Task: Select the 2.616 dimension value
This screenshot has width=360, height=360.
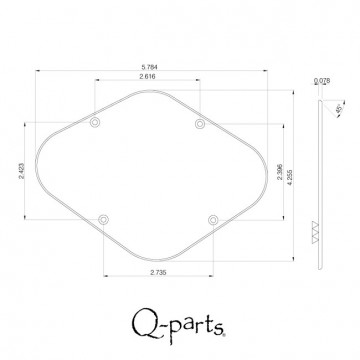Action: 147,76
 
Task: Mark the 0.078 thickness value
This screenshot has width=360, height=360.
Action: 321,81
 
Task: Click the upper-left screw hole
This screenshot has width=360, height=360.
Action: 95,123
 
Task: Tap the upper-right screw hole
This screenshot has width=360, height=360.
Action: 200,123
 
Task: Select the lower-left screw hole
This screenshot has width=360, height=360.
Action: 103,219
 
